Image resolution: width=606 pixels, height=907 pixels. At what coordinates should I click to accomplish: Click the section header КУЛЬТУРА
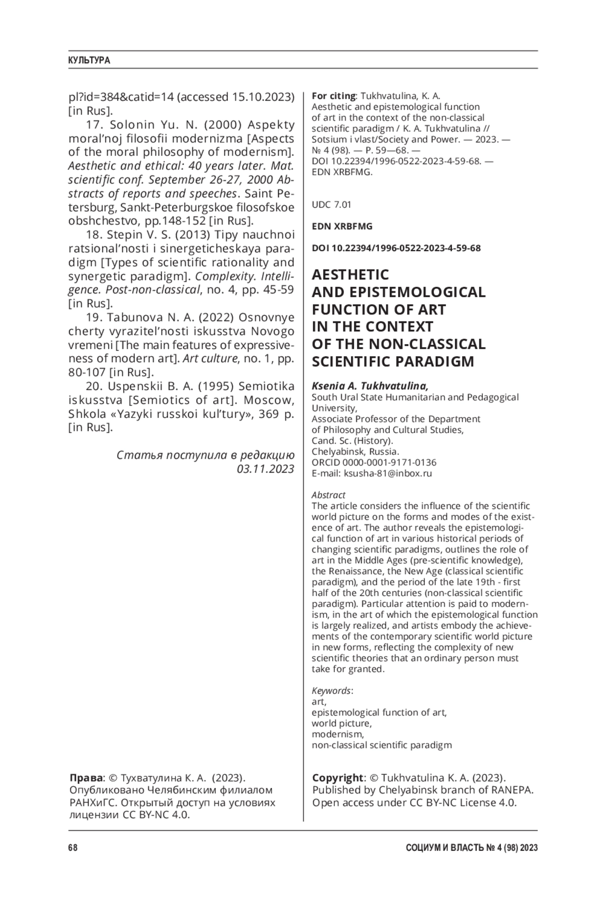89,61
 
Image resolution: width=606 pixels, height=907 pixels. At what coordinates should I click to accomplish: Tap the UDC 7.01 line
331,204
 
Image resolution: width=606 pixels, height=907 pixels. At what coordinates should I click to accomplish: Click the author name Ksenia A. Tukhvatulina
370,386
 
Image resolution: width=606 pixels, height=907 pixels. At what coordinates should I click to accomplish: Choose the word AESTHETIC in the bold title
350,275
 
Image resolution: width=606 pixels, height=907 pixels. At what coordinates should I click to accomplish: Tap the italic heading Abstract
328,495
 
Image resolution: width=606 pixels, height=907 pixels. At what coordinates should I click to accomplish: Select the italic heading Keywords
331,690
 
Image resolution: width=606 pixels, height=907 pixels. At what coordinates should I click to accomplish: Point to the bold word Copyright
337,778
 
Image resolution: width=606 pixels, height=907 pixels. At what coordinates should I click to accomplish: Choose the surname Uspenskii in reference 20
135,387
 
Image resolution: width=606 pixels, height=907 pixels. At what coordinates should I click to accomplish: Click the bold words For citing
334,96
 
